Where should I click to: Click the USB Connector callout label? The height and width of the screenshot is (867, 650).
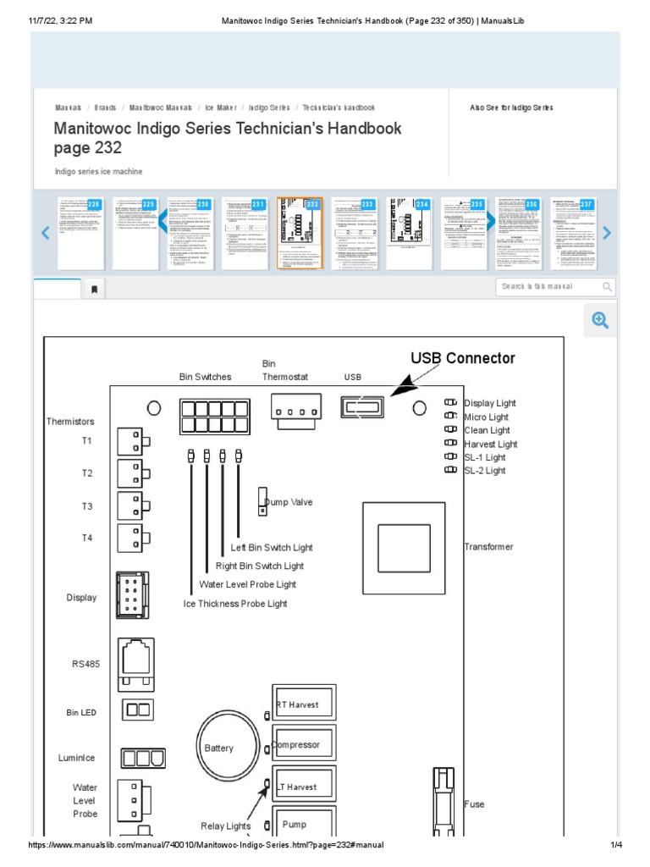tap(462, 358)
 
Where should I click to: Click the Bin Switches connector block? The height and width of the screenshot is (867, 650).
tap(213, 415)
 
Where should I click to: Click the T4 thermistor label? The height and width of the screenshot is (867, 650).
tap(87, 538)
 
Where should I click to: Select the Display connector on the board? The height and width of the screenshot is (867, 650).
tap(133, 595)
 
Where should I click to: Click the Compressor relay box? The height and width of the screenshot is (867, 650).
tap(303, 745)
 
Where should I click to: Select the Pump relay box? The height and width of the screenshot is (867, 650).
tap(303, 824)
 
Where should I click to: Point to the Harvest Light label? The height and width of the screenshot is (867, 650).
tap(490, 444)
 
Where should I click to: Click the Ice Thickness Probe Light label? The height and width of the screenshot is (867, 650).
tap(235, 604)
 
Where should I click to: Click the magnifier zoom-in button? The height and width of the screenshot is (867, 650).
tap(600, 320)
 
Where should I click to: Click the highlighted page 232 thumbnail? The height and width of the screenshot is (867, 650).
tap(300, 234)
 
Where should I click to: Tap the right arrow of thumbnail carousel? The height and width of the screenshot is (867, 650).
tap(606, 233)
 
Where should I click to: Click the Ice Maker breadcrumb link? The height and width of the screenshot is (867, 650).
tap(221, 108)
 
